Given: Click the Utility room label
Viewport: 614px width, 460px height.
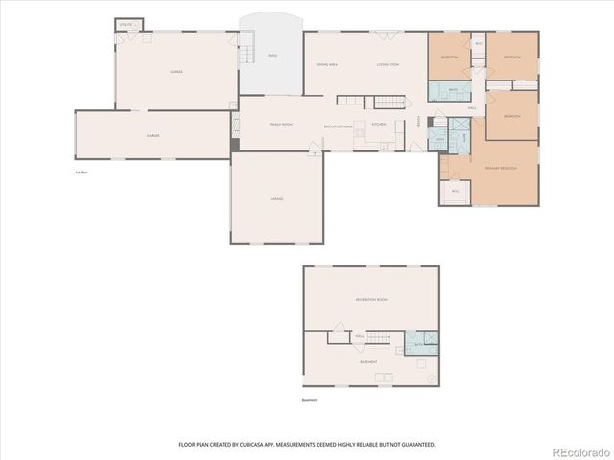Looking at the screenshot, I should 125,24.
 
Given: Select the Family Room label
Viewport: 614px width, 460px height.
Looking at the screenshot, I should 280,125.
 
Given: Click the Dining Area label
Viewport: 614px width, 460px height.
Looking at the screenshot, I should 326,64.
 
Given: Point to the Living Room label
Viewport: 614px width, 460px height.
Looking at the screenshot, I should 388,64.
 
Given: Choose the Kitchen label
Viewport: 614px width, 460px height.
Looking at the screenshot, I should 379,125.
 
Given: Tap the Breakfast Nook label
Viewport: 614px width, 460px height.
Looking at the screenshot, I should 339,126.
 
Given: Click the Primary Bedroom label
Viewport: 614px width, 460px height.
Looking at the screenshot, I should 501,168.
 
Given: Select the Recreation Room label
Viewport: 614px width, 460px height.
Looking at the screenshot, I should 370,300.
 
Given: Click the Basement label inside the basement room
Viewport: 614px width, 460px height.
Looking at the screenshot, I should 368,362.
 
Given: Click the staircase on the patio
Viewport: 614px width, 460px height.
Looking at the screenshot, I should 247,46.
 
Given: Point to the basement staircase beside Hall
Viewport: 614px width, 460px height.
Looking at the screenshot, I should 382,336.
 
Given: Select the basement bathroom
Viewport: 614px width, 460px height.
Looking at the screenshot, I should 421,343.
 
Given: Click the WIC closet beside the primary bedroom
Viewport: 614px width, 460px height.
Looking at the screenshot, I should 455,192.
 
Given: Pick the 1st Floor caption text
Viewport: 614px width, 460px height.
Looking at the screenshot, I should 82,172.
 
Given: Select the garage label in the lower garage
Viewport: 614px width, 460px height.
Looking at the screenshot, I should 276,198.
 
